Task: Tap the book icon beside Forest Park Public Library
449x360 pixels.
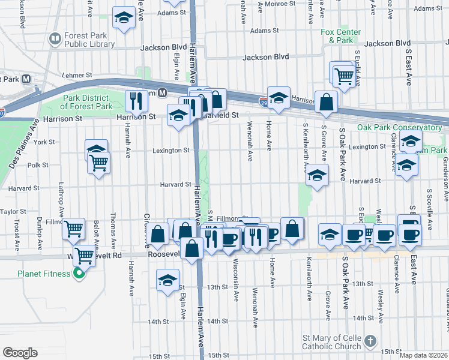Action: pyautogui.click(x=55, y=40)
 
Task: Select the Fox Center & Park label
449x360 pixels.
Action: pyautogui.click(x=340, y=36)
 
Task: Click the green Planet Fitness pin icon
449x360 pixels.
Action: pyautogui.click(x=78, y=275)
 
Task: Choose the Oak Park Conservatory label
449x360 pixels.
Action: pyautogui.click(x=399, y=127)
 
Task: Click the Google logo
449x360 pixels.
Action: pyautogui.click(x=20, y=352)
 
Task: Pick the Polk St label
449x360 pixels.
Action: pyautogui.click(x=37, y=165)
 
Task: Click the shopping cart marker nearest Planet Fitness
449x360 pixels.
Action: pyautogui.click(x=85, y=256)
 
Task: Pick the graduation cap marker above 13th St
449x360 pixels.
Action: pyautogui.click(x=167, y=280)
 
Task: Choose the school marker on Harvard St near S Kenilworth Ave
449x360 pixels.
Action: pyautogui.click(x=318, y=176)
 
